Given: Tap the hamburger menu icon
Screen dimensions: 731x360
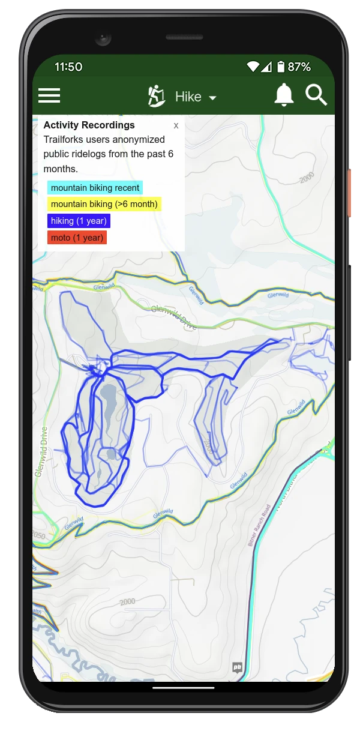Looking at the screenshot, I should pos(49,95).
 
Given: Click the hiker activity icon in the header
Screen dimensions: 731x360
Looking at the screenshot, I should pos(157,96).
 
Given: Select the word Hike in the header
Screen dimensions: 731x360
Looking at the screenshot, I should pos(188,97).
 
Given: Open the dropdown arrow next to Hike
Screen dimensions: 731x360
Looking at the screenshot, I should pos(212,98).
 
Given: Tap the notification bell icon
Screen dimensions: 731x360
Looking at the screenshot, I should pos(284,95).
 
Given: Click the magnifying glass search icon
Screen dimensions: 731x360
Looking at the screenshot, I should pos(316,95).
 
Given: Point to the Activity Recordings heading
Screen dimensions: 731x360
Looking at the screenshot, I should pos(89,125).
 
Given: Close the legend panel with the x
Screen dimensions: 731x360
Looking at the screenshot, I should pos(176,125).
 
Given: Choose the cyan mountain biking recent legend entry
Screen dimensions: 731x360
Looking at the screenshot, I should pos(95,188).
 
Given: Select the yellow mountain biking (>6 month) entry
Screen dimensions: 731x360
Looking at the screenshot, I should pos(104,204).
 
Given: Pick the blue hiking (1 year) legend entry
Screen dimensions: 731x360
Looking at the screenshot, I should pos(79,221).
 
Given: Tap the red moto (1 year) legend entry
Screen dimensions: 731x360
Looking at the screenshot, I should pos(77,238).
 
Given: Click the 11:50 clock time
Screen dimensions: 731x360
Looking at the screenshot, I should pos(68,67).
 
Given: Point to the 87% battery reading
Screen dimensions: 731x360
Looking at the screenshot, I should pos(299,67).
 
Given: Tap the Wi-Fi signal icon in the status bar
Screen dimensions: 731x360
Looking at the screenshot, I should pos(253,67).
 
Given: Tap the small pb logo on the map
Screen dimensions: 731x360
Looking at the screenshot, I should pos(238,667).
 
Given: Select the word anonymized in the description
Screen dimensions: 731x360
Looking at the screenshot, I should pos(137,139).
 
